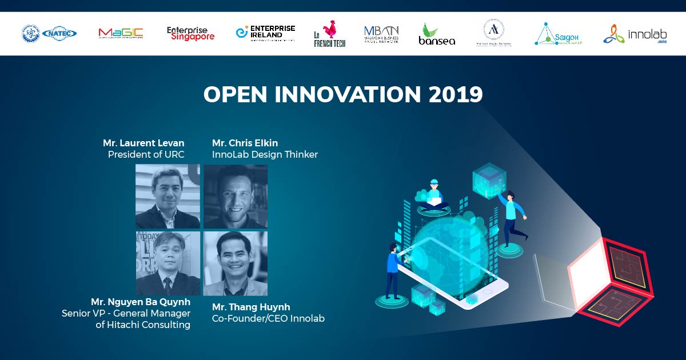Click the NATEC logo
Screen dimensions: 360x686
tap(59, 34)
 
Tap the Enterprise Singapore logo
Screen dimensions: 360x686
tap(190, 34)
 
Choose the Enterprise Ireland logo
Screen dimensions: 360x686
tap(266, 33)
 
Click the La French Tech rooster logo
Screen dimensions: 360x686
tap(330, 34)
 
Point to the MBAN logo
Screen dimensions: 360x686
tap(381, 34)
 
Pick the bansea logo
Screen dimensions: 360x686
tap(437, 34)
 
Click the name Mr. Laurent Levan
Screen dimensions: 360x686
tap(143, 142)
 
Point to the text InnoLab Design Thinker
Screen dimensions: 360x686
tap(265, 154)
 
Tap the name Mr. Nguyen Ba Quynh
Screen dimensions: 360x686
tap(141, 302)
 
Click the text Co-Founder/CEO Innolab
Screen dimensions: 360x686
tap(268, 318)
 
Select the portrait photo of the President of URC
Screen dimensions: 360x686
tap(167, 197)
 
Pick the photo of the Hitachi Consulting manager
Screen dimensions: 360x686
tap(167, 263)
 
